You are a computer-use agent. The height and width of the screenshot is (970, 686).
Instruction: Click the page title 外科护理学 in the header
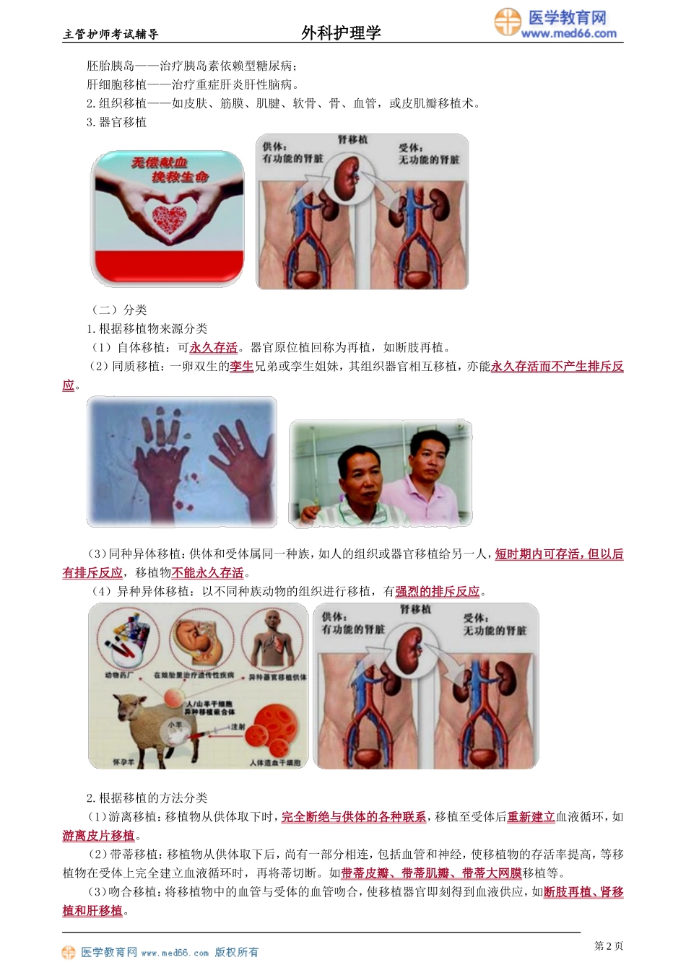pyautogui.click(x=341, y=32)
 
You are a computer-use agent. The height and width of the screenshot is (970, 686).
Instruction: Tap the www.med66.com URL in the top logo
pyautogui.click(x=569, y=33)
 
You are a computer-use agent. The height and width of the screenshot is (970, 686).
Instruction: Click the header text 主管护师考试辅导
pyautogui.click(x=111, y=34)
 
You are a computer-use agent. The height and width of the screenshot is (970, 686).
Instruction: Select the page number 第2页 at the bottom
pyautogui.click(x=608, y=945)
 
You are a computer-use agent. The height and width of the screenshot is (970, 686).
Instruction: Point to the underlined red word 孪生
pyautogui.click(x=242, y=367)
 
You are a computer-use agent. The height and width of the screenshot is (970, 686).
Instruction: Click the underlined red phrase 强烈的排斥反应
pyautogui.click(x=438, y=592)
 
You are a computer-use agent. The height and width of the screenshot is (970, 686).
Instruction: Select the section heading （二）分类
pyautogui.click(x=119, y=310)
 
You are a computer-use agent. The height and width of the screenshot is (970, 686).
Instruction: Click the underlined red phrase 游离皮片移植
pyautogui.click(x=98, y=836)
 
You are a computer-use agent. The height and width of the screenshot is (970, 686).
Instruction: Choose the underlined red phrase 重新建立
pyautogui.click(x=531, y=817)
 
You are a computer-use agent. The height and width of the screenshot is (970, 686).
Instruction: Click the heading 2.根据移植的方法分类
pyautogui.click(x=147, y=798)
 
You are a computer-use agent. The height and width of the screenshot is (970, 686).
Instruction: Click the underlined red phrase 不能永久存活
pyautogui.click(x=208, y=573)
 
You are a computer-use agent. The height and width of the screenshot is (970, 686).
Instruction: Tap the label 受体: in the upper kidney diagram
pyautogui.click(x=411, y=148)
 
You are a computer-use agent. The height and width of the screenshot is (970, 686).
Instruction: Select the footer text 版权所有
pyautogui.click(x=237, y=953)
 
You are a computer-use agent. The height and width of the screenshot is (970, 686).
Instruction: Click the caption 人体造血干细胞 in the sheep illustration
pyautogui.click(x=275, y=762)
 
